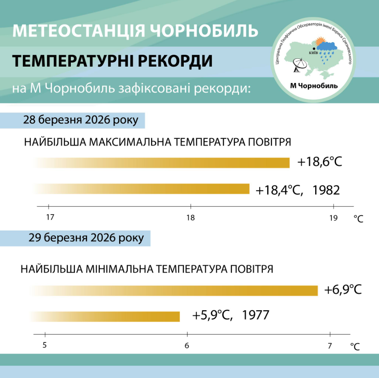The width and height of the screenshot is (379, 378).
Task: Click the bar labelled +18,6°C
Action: pyautogui.click(x=164, y=163)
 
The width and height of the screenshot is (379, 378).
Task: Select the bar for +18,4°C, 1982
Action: pyautogui.click(x=143, y=189)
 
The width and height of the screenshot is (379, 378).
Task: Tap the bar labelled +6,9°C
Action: pyautogui.click(x=174, y=291)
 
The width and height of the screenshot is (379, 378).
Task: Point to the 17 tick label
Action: pyautogui.click(x=50, y=217)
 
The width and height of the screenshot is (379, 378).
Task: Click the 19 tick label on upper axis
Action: pyautogui.click(x=334, y=217)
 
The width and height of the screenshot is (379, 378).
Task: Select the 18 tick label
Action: pyautogui.click(x=190, y=217)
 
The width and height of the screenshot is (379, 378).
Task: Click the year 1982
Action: pyautogui.click(x=326, y=190)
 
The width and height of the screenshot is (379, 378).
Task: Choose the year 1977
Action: pyautogui.click(x=255, y=316)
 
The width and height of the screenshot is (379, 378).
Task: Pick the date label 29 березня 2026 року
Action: pyautogui.click(x=86, y=238)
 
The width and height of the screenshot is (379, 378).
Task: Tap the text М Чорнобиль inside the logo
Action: pyautogui.click(x=314, y=85)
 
